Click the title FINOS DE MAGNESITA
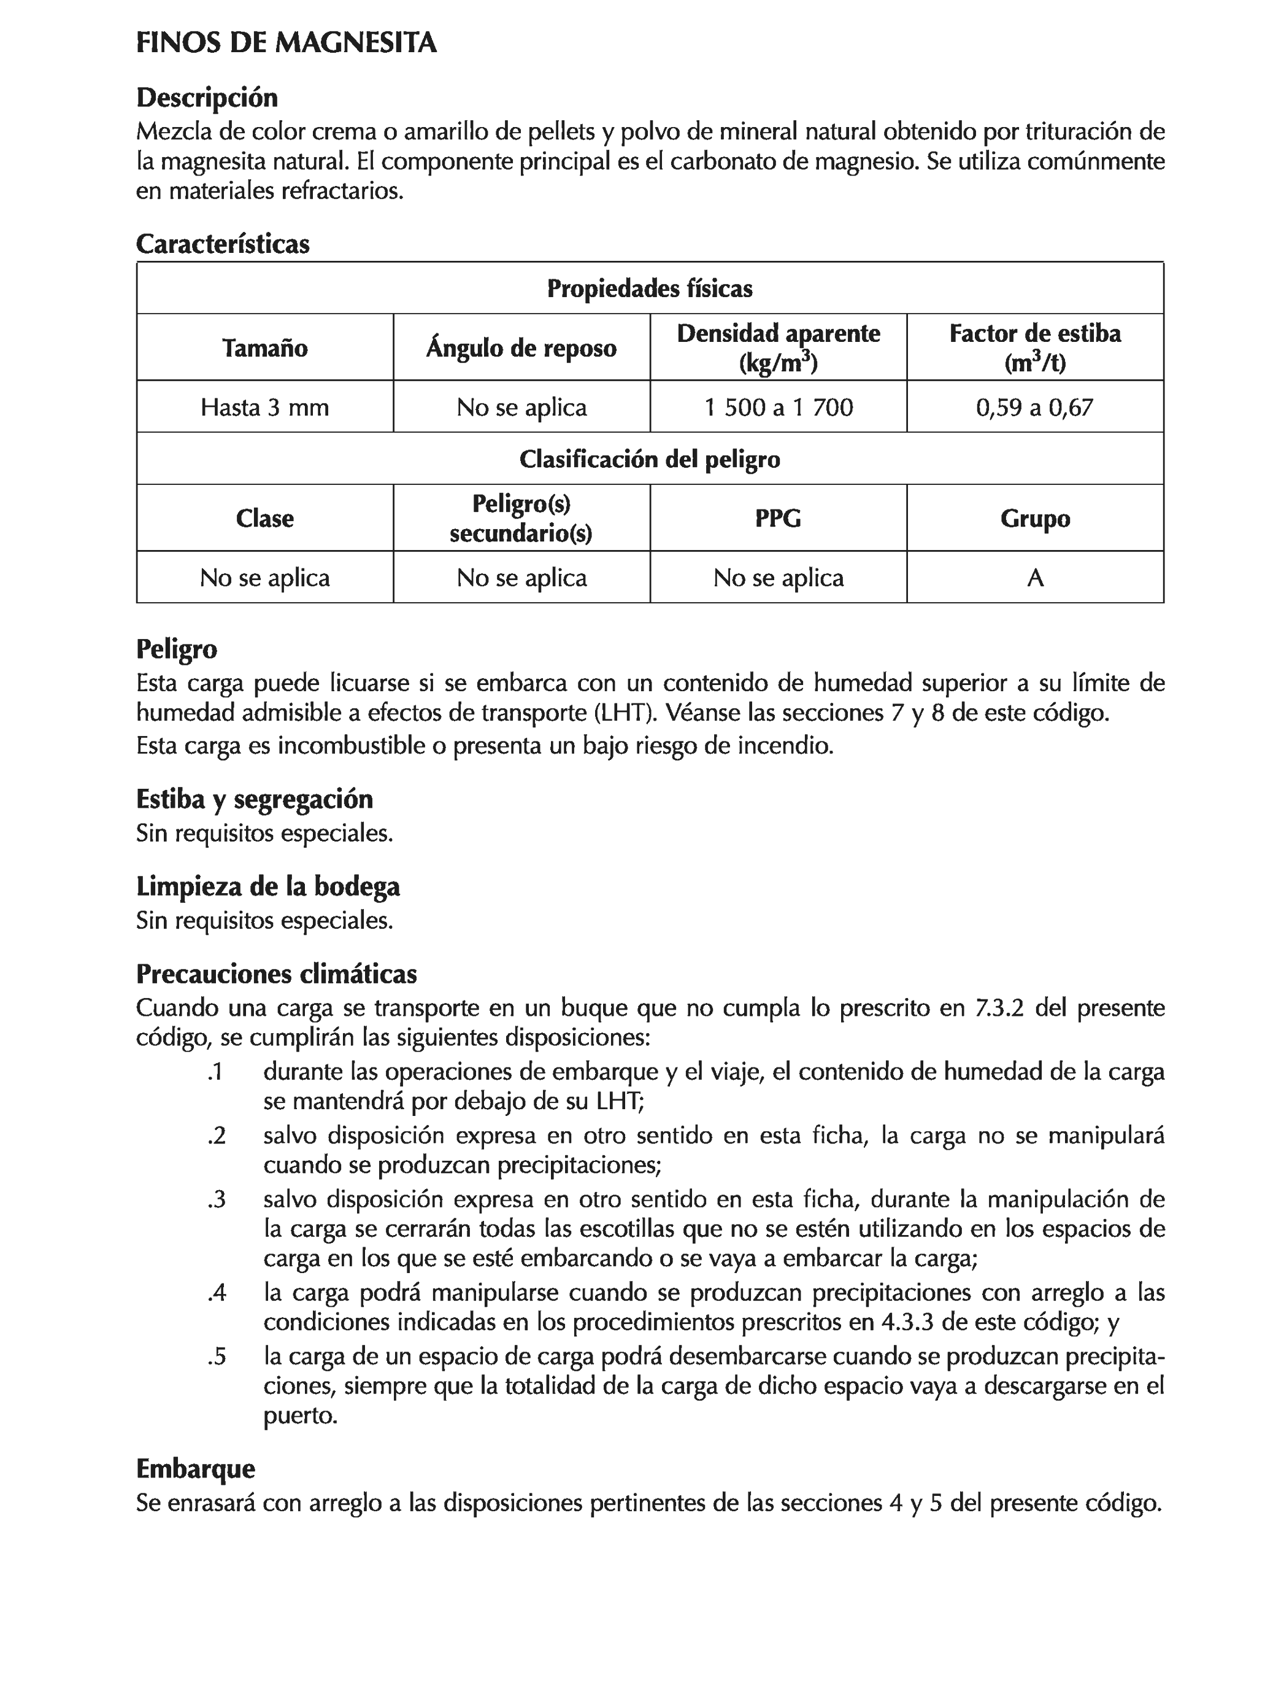(286, 42)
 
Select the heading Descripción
(206, 98)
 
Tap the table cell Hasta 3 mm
(264, 407)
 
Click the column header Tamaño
(264, 347)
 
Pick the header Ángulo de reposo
(521, 347)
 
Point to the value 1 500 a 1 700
(778, 407)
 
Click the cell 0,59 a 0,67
(1034, 407)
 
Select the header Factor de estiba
(1034, 333)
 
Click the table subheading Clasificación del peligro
(649, 459)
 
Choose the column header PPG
(778, 517)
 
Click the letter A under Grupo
(1034, 578)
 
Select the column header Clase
(264, 517)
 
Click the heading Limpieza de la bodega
(267, 886)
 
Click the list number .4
(217, 1293)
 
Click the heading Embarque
(195, 1468)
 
